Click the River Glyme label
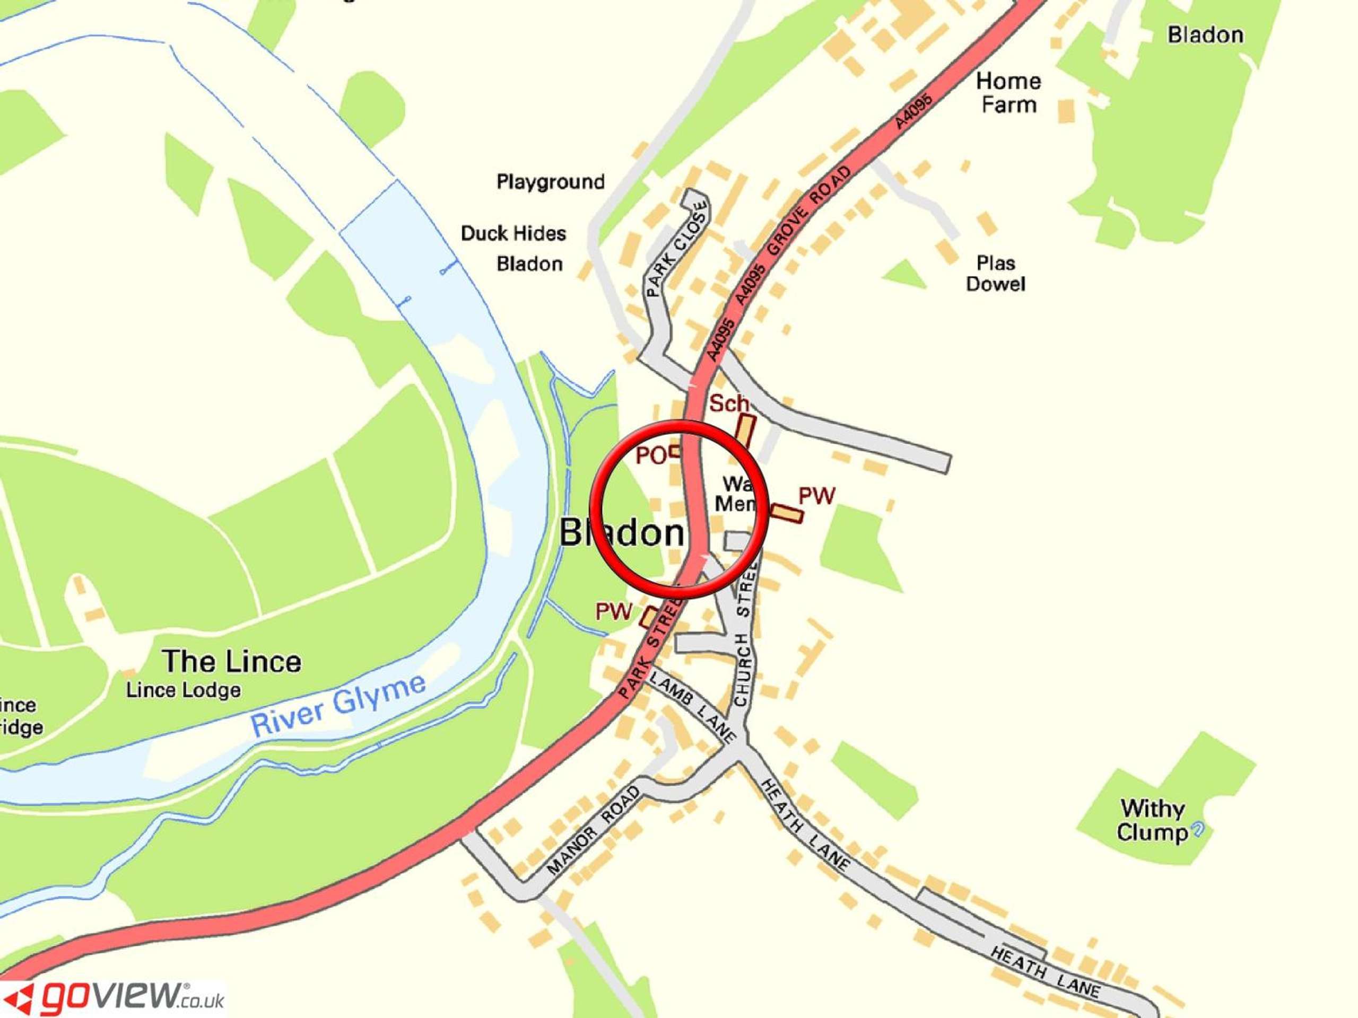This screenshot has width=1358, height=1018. point(338,706)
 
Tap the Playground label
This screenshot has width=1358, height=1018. point(551,182)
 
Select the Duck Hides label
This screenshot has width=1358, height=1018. point(513,233)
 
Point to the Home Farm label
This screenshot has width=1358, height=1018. point(1008,93)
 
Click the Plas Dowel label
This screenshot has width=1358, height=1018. point(995,274)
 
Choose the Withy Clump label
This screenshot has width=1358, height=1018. point(1152,820)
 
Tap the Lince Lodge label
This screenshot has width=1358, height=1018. point(184,690)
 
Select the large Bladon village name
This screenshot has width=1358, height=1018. point(621,532)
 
